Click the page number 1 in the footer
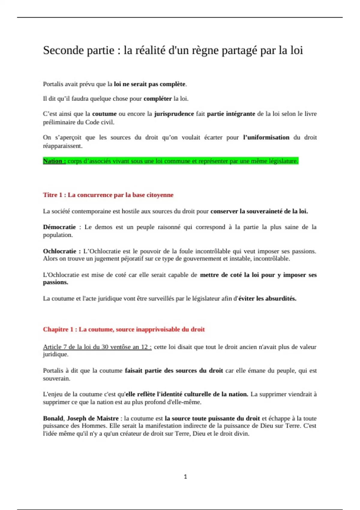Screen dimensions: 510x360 tap(185, 476)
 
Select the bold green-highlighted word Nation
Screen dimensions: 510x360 tap(52, 161)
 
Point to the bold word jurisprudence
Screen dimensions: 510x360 tap(174, 114)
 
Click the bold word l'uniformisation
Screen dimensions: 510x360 tap(266, 137)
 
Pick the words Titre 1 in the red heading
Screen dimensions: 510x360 tap(52, 195)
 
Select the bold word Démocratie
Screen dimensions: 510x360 tap(59, 227)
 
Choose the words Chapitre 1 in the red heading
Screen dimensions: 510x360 tap(58, 329)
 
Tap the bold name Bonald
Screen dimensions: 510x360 tap(53, 418)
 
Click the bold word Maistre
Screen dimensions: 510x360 tap(107, 418)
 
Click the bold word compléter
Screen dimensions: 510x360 tap(157, 99)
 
